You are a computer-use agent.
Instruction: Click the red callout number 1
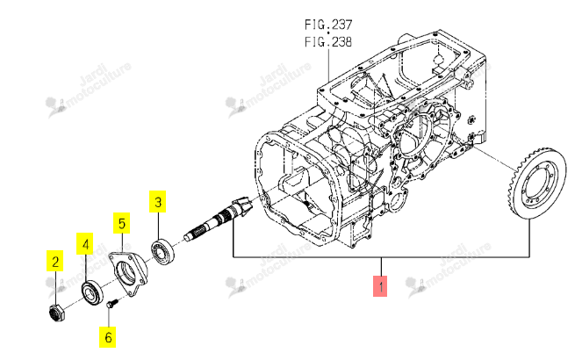[380, 286]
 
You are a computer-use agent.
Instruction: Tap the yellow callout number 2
[55, 262]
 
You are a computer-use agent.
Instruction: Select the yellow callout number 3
[158, 202]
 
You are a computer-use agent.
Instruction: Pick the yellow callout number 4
[85, 244]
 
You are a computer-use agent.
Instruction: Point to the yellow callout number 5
[122, 223]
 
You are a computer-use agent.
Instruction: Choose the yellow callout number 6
[108, 337]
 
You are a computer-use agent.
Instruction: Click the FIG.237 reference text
[328, 25]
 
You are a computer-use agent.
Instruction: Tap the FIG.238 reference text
[328, 41]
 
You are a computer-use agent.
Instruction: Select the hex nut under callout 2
[57, 312]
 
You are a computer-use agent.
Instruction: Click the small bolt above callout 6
[112, 304]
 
